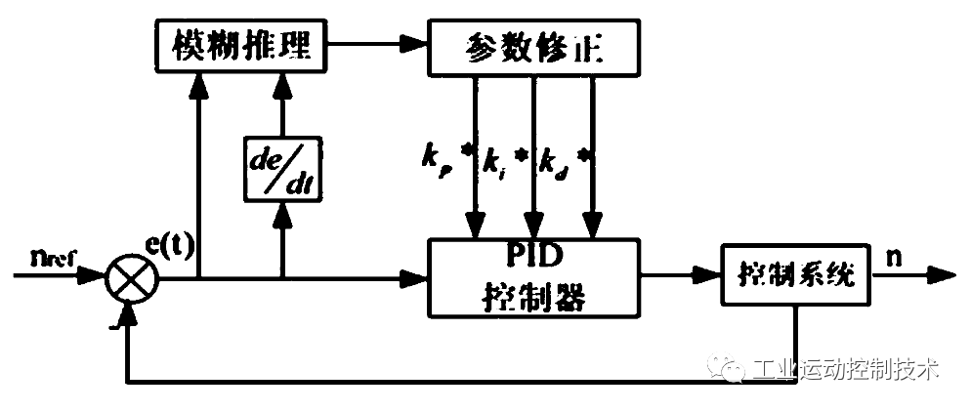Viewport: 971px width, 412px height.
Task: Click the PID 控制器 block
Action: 534,277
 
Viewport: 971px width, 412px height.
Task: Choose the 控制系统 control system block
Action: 796,276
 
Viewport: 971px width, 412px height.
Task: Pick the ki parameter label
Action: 493,161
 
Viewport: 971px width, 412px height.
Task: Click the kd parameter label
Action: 552,161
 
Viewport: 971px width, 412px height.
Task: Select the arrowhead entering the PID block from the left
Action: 418,279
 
